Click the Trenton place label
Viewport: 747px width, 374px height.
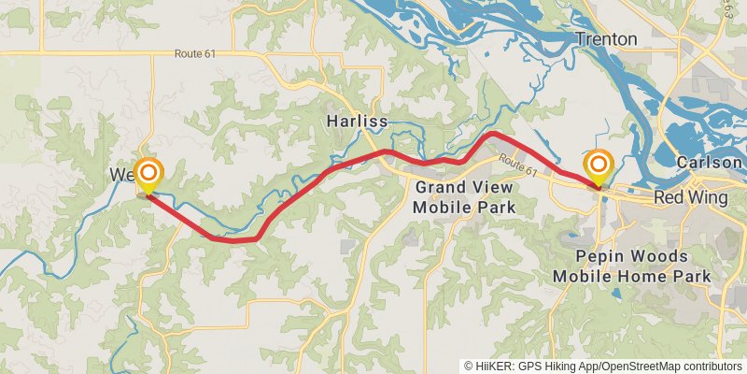(x=606, y=39)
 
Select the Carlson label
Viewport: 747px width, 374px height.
(x=710, y=162)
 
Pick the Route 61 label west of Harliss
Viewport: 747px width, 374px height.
(x=194, y=54)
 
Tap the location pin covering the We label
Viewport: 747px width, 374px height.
(x=148, y=174)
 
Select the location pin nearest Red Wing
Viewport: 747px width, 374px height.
(x=598, y=166)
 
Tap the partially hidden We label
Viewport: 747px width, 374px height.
(x=120, y=175)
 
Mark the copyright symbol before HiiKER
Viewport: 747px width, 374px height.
(x=470, y=367)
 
